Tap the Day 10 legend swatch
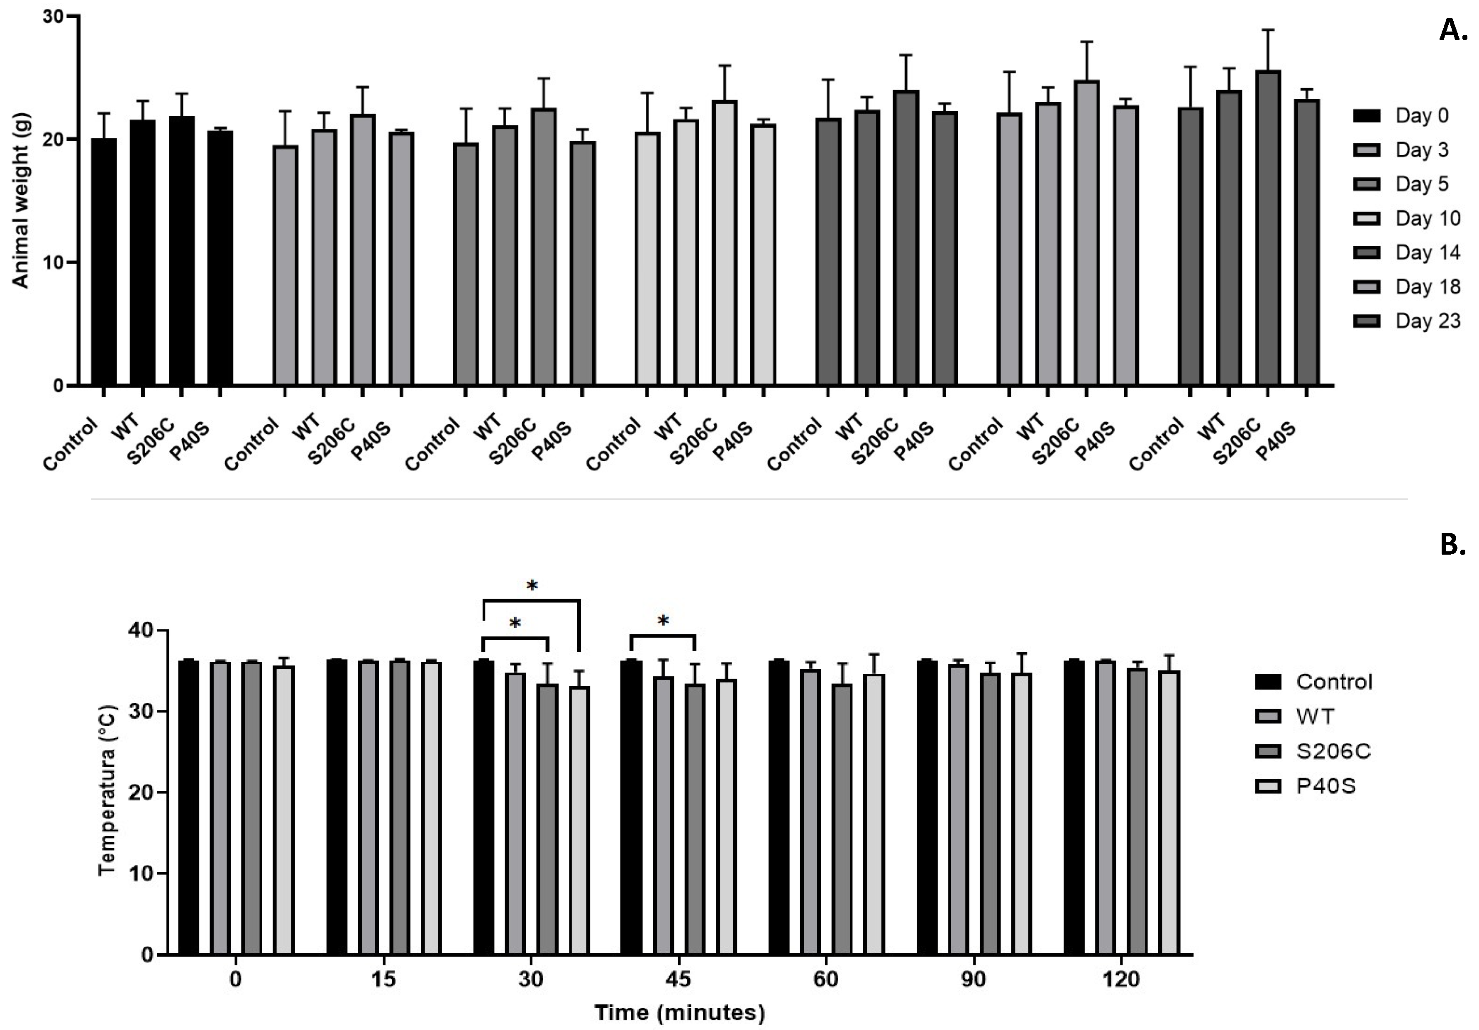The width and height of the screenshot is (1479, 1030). [x=1366, y=218]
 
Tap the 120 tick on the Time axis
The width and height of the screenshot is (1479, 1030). [x=1121, y=980]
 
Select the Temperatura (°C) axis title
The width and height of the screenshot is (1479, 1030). [x=107, y=793]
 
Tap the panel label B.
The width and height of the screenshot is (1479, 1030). [x=1452, y=545]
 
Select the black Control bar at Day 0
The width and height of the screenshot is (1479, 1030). [x=104, y=262]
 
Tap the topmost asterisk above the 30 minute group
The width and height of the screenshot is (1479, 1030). [x=532, y=586]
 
